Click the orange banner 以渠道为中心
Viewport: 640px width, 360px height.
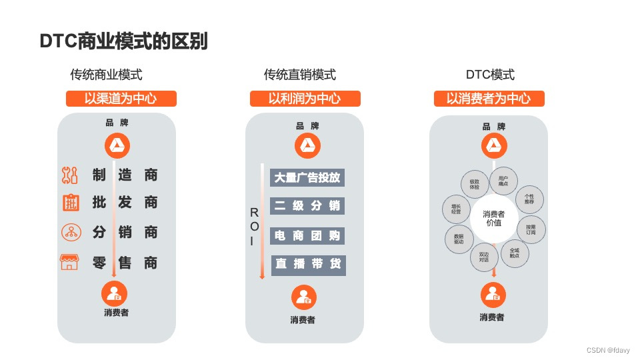(121, 99)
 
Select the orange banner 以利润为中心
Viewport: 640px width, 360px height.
(305, 99)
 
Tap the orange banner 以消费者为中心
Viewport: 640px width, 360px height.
(489, 99)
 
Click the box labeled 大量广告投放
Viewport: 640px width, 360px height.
(307, 177)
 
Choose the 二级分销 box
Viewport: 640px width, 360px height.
(307, 206)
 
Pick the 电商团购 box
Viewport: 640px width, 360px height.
(307, 235)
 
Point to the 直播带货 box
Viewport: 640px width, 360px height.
(307, 265)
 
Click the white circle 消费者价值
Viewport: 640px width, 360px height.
(493, 218)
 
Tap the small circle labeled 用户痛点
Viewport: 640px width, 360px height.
(503, 181)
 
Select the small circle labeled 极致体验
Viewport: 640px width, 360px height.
(475, 185)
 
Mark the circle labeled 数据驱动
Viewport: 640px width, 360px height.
(459, 239)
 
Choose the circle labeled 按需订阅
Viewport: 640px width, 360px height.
(531, 229)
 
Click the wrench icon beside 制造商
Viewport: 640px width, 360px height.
(69, 175)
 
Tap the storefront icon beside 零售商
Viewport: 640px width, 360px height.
(69, 262)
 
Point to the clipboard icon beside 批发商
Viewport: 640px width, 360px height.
(71, 203)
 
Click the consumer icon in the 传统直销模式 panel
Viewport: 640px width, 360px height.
(304, 297)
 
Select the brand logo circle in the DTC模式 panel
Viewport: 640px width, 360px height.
(493, 146)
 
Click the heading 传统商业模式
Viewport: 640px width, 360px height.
(106, 75)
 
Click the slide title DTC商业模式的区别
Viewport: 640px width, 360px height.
(123, 41)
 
